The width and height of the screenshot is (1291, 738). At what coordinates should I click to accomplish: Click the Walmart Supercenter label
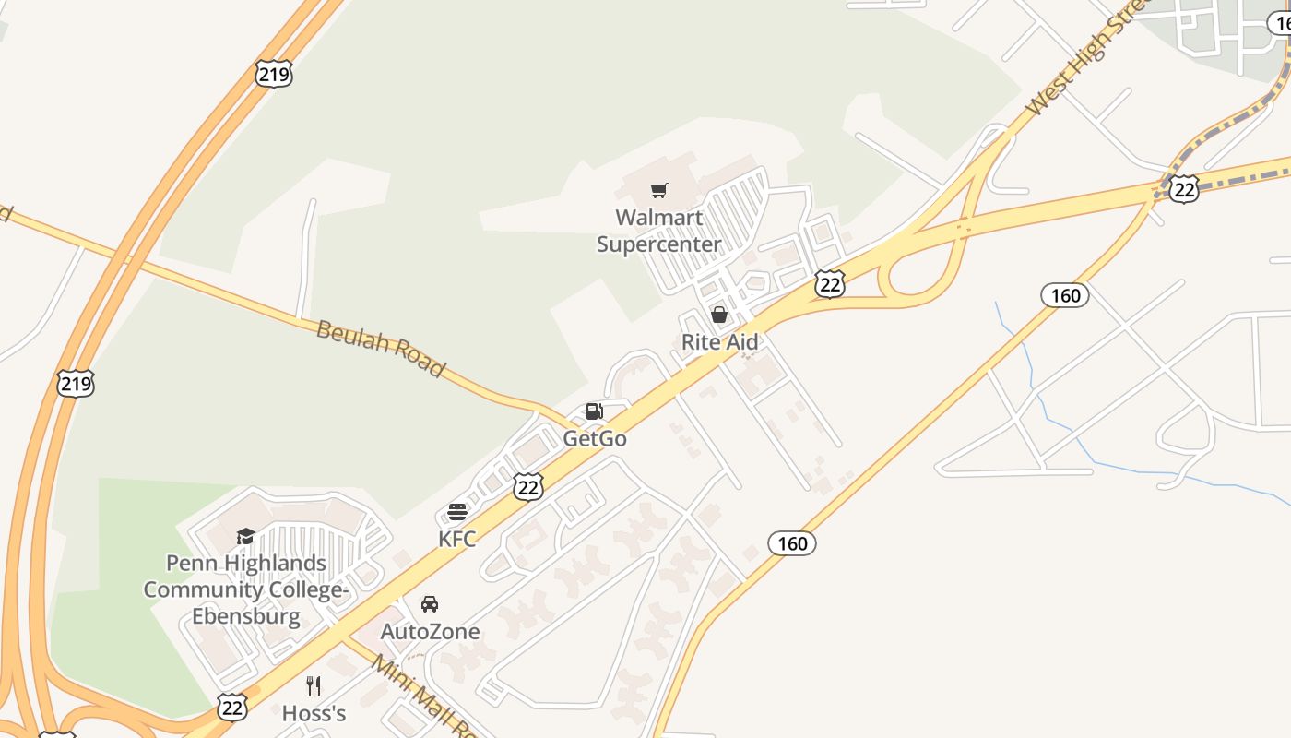click(658, 231)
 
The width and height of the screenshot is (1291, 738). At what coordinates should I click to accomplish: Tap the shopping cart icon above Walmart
click(658, 191)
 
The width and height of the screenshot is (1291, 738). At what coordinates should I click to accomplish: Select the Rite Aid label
click(719, 342)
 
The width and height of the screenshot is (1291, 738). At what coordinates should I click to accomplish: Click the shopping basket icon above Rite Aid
click(719, 315)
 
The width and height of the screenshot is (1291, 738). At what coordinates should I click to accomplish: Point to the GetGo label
click(595, 438)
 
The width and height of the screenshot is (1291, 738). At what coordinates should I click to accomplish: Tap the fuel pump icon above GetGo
click(595, 411)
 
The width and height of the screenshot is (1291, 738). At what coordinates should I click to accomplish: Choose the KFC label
click(457, 539)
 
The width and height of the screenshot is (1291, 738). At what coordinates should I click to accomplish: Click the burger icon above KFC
click(457, 512)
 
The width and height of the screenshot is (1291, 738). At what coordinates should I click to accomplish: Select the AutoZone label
click(430, 632)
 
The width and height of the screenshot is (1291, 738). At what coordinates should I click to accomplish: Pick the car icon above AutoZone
click(430, 604)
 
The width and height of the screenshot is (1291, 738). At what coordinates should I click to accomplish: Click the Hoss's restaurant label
click(314, 713)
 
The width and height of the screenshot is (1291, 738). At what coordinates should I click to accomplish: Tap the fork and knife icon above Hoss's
click(314, 686)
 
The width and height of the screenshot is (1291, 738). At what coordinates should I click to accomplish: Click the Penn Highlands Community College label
click(246, 589)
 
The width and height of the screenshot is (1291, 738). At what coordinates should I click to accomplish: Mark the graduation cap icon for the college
click(245, 536)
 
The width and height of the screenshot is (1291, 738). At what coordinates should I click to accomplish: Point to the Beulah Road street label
click(380, 348)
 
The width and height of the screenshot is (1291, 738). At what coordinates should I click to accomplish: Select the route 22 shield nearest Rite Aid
click(830, 284)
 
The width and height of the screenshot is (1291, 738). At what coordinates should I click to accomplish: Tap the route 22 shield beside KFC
click(528, 487)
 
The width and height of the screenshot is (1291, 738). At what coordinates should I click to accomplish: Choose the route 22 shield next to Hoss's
click(232, 707)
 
